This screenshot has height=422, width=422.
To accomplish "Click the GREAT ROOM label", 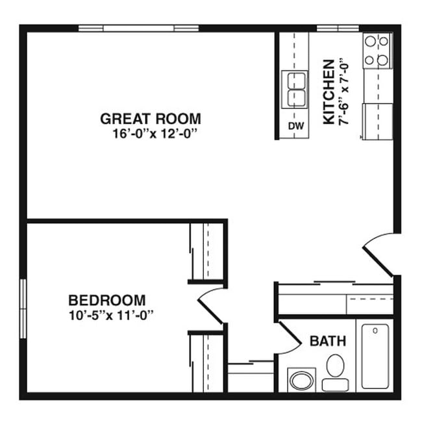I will [150, 119].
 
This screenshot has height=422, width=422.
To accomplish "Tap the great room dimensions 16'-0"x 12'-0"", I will [153, 134].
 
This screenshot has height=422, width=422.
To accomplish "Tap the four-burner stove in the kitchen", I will [377, 51].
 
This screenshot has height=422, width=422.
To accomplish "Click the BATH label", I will [327, 341].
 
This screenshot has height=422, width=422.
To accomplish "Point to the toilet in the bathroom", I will [335, 369].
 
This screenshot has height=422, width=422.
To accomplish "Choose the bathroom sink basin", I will [301, 379].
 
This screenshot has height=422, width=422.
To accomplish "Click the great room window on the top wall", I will [138, 28].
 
